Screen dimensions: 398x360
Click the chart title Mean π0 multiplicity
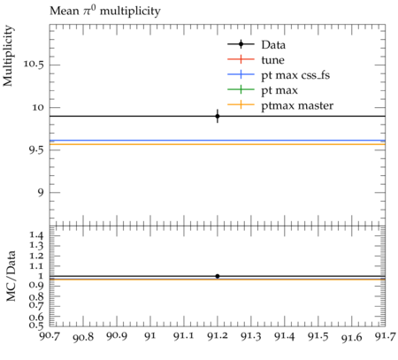point(105,11)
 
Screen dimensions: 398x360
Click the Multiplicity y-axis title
point(8,56)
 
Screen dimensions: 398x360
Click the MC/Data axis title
point(11,276)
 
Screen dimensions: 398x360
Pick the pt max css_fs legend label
point(295,75)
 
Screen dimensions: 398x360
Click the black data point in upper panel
point(218,116)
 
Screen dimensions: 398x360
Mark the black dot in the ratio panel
point(218,276)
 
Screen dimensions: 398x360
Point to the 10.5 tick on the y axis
point(34,65)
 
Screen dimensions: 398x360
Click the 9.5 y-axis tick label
point(36,150)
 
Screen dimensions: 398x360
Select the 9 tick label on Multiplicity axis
point(41,193)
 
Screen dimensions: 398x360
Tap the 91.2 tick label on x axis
point(218,336)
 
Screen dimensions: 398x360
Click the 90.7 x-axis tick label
point(50,336)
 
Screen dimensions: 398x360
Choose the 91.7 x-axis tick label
point(385,336)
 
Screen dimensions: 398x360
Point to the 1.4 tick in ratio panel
point(36,235)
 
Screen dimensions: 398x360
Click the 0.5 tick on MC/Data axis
point(36,326)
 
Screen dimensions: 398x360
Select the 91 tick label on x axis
point(150,336)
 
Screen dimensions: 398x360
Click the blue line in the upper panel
point(218,141)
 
